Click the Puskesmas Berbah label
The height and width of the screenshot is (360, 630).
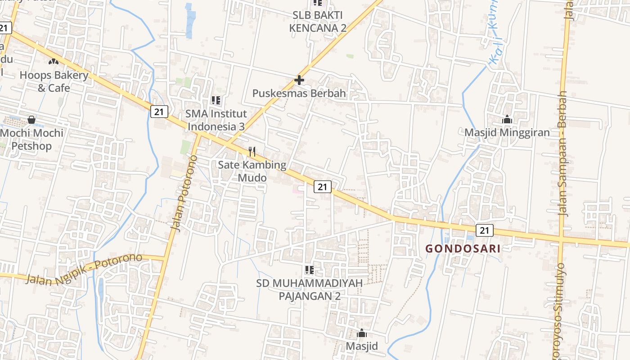point(299,94)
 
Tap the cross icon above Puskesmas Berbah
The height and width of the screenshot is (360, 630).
point(299,81)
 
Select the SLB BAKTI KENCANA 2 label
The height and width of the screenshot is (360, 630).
point(318,22)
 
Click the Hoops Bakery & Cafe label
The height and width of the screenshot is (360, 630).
point(54,81)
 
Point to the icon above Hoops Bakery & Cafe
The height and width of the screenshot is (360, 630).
point(53,61)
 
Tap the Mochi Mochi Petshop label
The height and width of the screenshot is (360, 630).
point(31,139)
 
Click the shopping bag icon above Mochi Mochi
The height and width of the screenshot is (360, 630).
point(31,120)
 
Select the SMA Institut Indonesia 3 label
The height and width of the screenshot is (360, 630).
point(216,120)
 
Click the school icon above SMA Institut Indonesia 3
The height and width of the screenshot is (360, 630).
point(216,100)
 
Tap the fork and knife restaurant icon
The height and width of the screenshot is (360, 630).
point(252,152)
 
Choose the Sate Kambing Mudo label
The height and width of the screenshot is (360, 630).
point(252,171)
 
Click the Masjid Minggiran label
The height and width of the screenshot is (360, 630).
point(507,133)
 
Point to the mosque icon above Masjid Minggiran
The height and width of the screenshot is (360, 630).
point(507,120)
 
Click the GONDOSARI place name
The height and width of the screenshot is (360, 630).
point(463,248)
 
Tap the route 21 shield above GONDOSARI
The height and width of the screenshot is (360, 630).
point(484,230)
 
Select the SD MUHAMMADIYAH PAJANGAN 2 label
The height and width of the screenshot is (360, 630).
point(309,289)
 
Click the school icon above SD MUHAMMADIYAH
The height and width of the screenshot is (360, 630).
point(309,270)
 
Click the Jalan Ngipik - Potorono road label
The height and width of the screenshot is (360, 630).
point(84,269)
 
